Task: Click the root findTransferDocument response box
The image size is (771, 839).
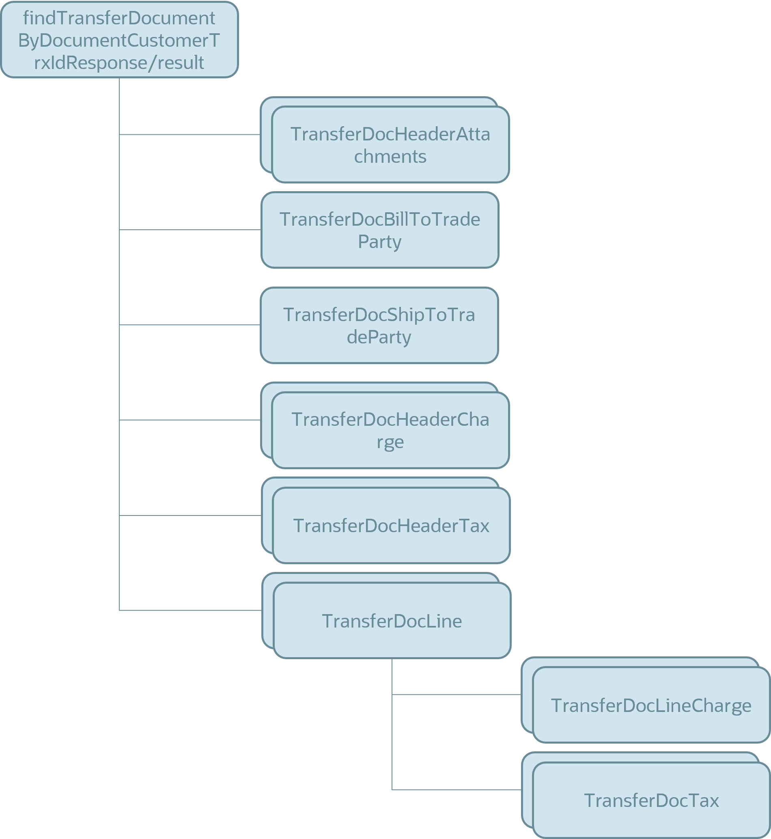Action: click(119, 40)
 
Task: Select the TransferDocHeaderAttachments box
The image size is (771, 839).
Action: click(390, 145)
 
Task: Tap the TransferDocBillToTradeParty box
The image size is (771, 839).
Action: click(380, 230)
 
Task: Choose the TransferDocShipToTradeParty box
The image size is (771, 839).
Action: click(379, 325)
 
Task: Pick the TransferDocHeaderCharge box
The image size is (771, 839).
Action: click(390, 430)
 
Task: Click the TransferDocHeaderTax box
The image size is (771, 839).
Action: click(391, 526)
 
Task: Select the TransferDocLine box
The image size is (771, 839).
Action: click(392, 621)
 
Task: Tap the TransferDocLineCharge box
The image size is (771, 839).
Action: click(651, 705)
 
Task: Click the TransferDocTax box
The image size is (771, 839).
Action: click(651, 800)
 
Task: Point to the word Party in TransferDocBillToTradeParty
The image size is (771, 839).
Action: click(380, 242)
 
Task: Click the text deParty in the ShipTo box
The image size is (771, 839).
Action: click(379, 337)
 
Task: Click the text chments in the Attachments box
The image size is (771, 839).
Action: click(390, 157)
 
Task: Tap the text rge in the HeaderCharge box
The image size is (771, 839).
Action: click(390, 442)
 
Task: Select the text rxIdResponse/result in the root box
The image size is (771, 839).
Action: click(119, 63)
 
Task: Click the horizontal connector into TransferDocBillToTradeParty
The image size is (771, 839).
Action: click(190, 230)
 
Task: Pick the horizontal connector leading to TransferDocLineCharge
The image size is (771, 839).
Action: click(457, 694)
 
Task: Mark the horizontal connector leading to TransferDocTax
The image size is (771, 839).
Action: click(457, 789)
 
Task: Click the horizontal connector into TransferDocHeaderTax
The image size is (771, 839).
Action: click(190, 515)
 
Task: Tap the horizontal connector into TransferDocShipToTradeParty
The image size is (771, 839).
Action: click(190, 325)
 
